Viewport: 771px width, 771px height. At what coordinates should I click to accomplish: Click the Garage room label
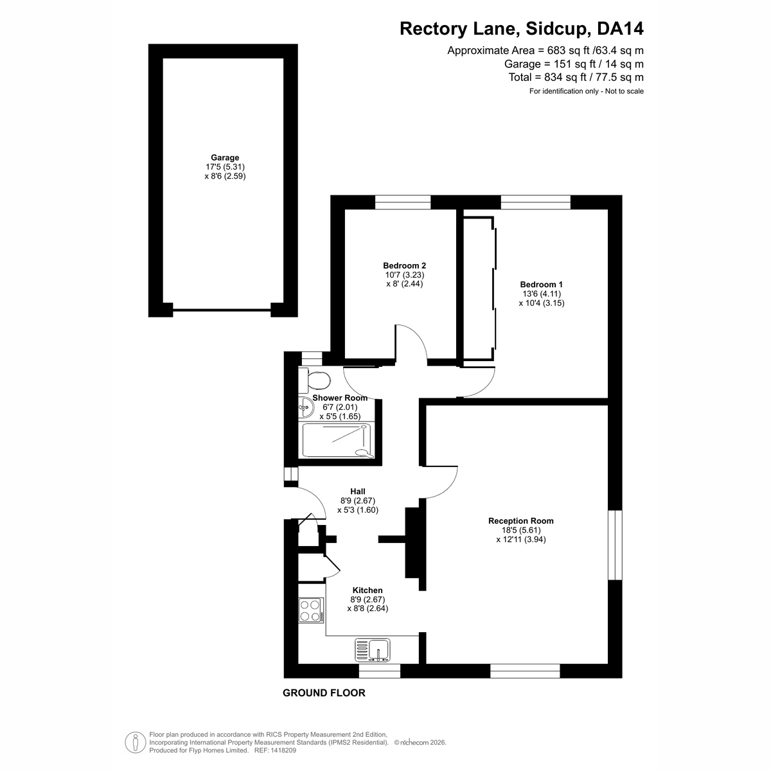(x=225, y=157)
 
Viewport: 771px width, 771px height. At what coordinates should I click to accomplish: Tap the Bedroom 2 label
(x=404, y=265)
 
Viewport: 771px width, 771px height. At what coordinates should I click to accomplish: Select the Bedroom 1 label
(x=541, y=285)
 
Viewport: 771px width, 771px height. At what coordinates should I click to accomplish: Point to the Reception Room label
(x=520, y=520)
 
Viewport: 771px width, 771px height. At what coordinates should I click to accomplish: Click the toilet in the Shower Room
(x=315, y=380)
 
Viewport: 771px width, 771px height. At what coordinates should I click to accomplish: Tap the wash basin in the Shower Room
(x=306, y=408)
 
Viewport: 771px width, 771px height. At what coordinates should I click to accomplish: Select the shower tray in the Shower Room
(x=336, y=440)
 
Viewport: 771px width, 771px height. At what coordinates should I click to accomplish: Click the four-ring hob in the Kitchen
(x=311, y=610)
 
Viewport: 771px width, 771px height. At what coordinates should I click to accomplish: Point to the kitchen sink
(x=372, y=650)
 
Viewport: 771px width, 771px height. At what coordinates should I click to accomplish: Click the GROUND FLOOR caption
(x=324, y=693)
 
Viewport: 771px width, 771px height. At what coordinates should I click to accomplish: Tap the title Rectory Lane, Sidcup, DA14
(x=521, y=29)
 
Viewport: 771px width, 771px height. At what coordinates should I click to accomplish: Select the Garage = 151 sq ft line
(x=574, y=64)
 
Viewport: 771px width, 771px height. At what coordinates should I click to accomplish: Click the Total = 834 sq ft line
(x=576, y=77)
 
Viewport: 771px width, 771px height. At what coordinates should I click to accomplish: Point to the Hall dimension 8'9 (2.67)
(x=358, y=501)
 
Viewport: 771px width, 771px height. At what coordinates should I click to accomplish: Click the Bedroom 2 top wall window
(x=402, y=202)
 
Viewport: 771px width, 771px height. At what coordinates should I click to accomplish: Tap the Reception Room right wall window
(x=615, y=545)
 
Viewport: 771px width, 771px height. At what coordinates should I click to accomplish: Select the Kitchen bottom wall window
(x=379, y=671)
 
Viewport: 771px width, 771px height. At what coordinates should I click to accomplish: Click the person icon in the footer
(x=135, y=743)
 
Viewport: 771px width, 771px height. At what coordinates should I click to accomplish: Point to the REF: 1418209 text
(x=275, y=750)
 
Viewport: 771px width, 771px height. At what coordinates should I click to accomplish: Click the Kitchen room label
(x=368, y=590)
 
